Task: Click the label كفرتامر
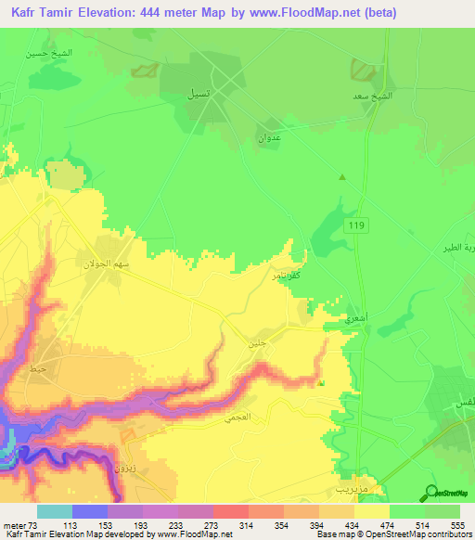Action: (x=286, y=276)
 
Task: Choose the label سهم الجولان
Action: (x=118, y=264)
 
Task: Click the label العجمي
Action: (x=236, y=418)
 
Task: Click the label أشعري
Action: (x=354, y=317)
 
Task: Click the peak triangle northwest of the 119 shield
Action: (x=342, y=177)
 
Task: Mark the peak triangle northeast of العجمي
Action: (x=321, y=382)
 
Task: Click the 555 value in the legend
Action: (x=455, y=525)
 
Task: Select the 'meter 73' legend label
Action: (x=21, y=525)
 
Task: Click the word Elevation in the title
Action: (x=133, y=11)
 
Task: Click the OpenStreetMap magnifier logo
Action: (x=430, y=493)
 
